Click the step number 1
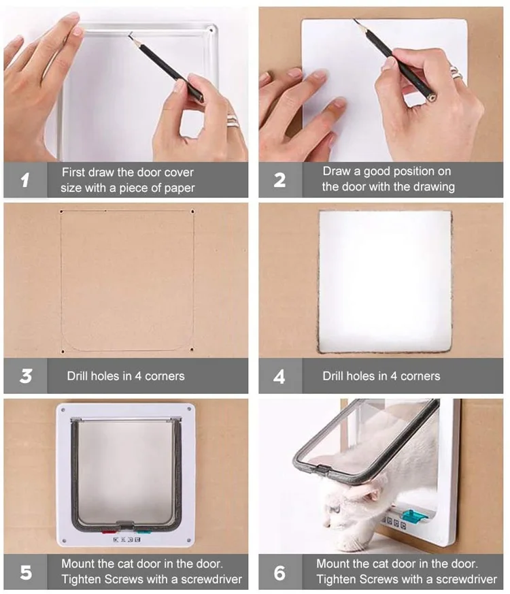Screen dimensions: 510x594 25,180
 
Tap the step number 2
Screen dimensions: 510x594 279,180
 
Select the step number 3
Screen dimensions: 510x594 26,376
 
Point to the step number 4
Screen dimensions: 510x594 279,376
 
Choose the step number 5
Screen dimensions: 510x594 26,572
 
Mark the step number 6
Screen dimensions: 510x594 279,573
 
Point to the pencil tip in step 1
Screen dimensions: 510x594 129,34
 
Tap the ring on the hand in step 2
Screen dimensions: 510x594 456,72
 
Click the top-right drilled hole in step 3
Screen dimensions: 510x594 192,212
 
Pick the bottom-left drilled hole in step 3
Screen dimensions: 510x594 63,352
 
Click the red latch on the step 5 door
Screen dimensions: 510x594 108,532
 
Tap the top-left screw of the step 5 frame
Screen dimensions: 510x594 63,410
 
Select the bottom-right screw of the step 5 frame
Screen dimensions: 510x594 188,540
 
